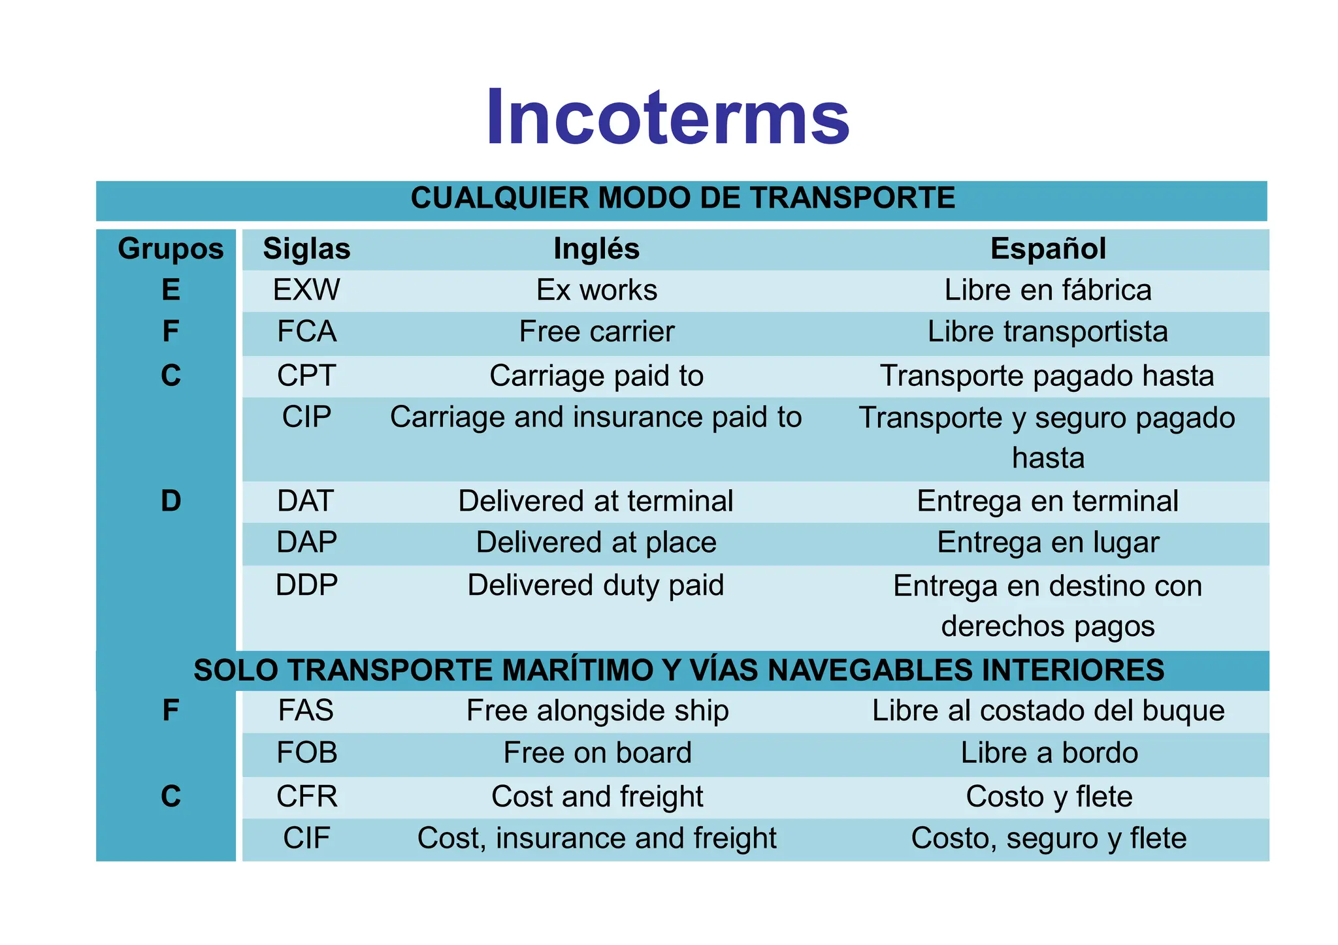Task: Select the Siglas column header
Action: click(306, 249)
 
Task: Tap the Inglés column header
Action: click(596, 249)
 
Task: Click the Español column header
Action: click(1048, 249)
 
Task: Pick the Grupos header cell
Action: click(171, 249)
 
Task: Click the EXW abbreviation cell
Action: click(306, 290)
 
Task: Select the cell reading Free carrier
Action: click(596, 332)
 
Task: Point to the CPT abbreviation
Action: click(306, 376)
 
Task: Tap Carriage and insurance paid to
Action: click(596, 417)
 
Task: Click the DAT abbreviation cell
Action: click(306, 501)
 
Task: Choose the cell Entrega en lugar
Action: click(1048, 543)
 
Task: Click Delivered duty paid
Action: click(596, 585)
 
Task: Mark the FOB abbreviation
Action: click(306, 753)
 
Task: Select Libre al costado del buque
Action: click(1048, 711)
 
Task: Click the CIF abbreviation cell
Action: click(306, 839)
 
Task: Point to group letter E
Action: click(171, 290)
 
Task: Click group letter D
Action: click(171, 501)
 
